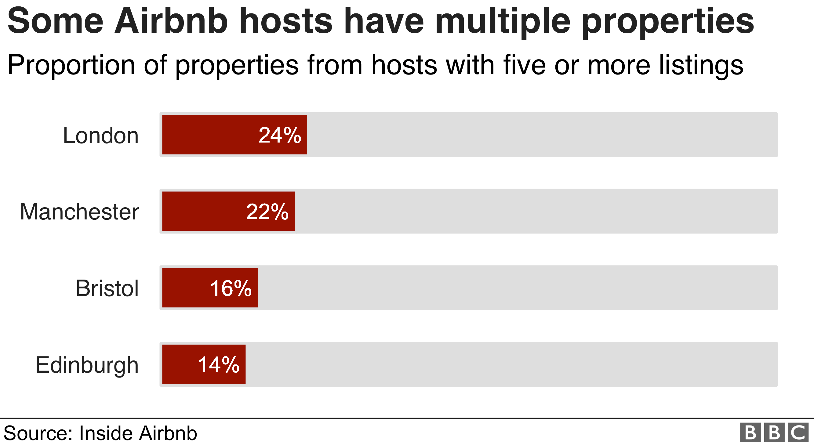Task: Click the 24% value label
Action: coord(280,135)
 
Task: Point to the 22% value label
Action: coord(267,212)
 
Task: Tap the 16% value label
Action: coord(231,288)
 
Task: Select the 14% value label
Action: coord(219,364)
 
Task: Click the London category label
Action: coord(101,136)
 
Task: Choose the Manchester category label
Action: coord(79,212)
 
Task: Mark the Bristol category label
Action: coord(107,288)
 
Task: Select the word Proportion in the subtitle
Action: coord(71,65)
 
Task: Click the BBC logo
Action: coord(774,432)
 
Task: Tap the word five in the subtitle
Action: coord(524,65)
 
